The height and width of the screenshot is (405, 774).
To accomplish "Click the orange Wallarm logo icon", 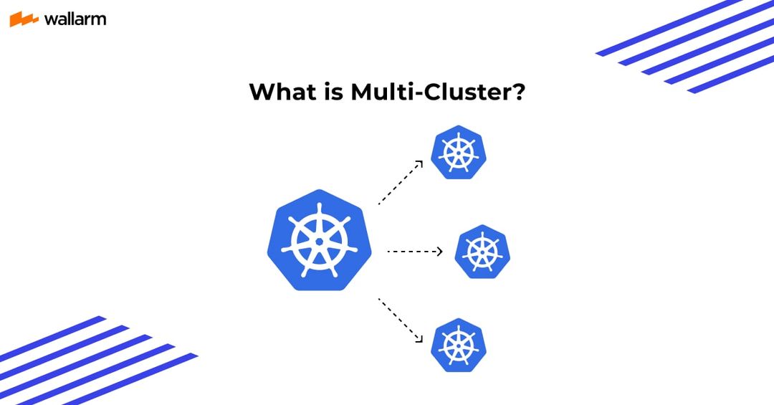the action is pos(24,19).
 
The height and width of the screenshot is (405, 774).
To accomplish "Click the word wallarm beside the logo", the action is pos(75,19).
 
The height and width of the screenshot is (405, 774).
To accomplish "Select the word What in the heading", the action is pos(282,92).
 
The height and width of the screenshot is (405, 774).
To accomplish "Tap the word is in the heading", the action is pos(334,92).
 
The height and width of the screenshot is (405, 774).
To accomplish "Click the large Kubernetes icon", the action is pos(320,240).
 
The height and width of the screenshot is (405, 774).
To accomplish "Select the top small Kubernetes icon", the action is pos(459,152).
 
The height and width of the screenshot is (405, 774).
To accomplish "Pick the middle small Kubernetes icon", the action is pos(482,252).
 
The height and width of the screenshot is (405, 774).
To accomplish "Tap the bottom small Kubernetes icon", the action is pos(459,346).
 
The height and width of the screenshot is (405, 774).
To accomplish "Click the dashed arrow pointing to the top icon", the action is pos(401,182).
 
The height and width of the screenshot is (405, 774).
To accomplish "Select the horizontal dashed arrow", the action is pos(415,252).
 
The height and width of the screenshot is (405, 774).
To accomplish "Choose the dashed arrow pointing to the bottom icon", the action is pos(401,320).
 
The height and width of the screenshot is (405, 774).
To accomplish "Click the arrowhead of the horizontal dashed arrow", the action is pos(440,252).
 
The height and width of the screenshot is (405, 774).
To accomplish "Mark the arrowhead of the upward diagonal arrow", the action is pos(419,163).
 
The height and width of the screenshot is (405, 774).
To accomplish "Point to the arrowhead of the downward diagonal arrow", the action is pos(419,339).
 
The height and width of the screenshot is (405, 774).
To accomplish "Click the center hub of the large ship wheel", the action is pos(320,241).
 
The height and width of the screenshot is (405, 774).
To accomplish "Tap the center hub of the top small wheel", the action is pos(459,153).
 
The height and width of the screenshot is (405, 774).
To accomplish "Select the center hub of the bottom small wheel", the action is pos(459,346).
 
